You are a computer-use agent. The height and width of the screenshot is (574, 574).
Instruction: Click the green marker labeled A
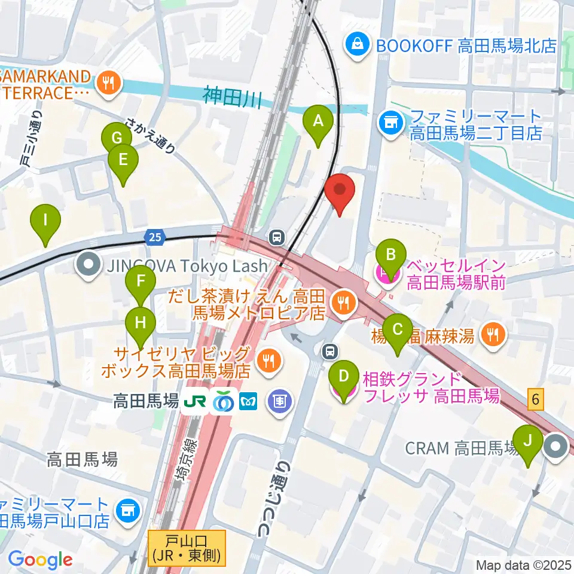(319, 122)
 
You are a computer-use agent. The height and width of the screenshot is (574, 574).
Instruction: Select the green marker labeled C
(397, 330)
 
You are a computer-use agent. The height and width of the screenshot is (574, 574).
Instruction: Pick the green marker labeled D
(344, 377)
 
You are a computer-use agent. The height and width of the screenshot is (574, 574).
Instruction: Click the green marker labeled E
(123, 160)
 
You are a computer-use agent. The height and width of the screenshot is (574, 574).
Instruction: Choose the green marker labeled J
(528, 441)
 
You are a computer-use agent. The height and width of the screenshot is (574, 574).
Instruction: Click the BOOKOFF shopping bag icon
(357, 45)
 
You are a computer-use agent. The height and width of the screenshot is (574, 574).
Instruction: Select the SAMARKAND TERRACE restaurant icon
(108, 83)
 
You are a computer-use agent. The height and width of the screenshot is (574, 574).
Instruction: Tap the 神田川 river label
(232, 96)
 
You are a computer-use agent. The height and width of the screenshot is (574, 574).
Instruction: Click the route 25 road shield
(154, 237)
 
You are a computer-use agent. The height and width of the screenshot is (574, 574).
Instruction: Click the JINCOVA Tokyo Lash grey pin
(89, 265)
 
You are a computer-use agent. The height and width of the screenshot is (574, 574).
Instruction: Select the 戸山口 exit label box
(187, 548)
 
